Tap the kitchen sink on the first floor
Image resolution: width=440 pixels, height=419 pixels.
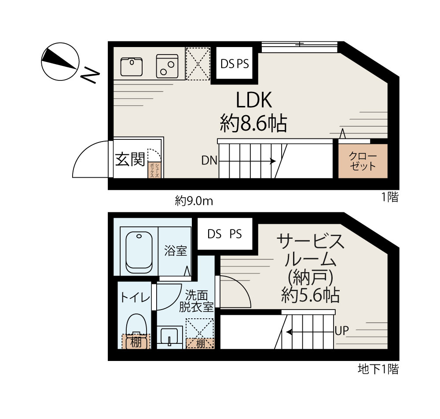(x=131, y=67)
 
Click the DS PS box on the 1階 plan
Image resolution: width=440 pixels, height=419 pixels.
(x=235, y=64)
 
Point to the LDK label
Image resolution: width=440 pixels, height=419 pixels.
(x=254, y=100)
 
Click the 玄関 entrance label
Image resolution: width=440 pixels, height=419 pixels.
(x=130, y=159)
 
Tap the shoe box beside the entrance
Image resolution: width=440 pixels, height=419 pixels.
(x=154, y=170)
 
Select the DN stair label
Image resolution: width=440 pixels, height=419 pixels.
(x=209, y=160)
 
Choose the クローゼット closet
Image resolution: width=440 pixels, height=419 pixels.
(x=363, y=161)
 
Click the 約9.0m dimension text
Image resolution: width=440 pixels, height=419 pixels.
(x=194, y=201)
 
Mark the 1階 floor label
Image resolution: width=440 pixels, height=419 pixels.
(x=390, y=197)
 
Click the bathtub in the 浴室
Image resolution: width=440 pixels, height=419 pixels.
(x=139, y=252)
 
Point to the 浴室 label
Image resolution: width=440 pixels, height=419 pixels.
(x=176, y=251)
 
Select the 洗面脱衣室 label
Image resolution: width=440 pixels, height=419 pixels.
(x=196, y=301)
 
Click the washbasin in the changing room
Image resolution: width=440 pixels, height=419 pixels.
(x=169, y=336)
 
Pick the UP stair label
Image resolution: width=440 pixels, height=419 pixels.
(x=341, y=331)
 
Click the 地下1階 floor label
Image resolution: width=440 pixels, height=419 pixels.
(x=378, y=369)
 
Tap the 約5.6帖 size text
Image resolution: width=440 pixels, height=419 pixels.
(x=310, y=295)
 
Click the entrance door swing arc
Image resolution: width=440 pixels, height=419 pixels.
(x=84, y=151)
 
